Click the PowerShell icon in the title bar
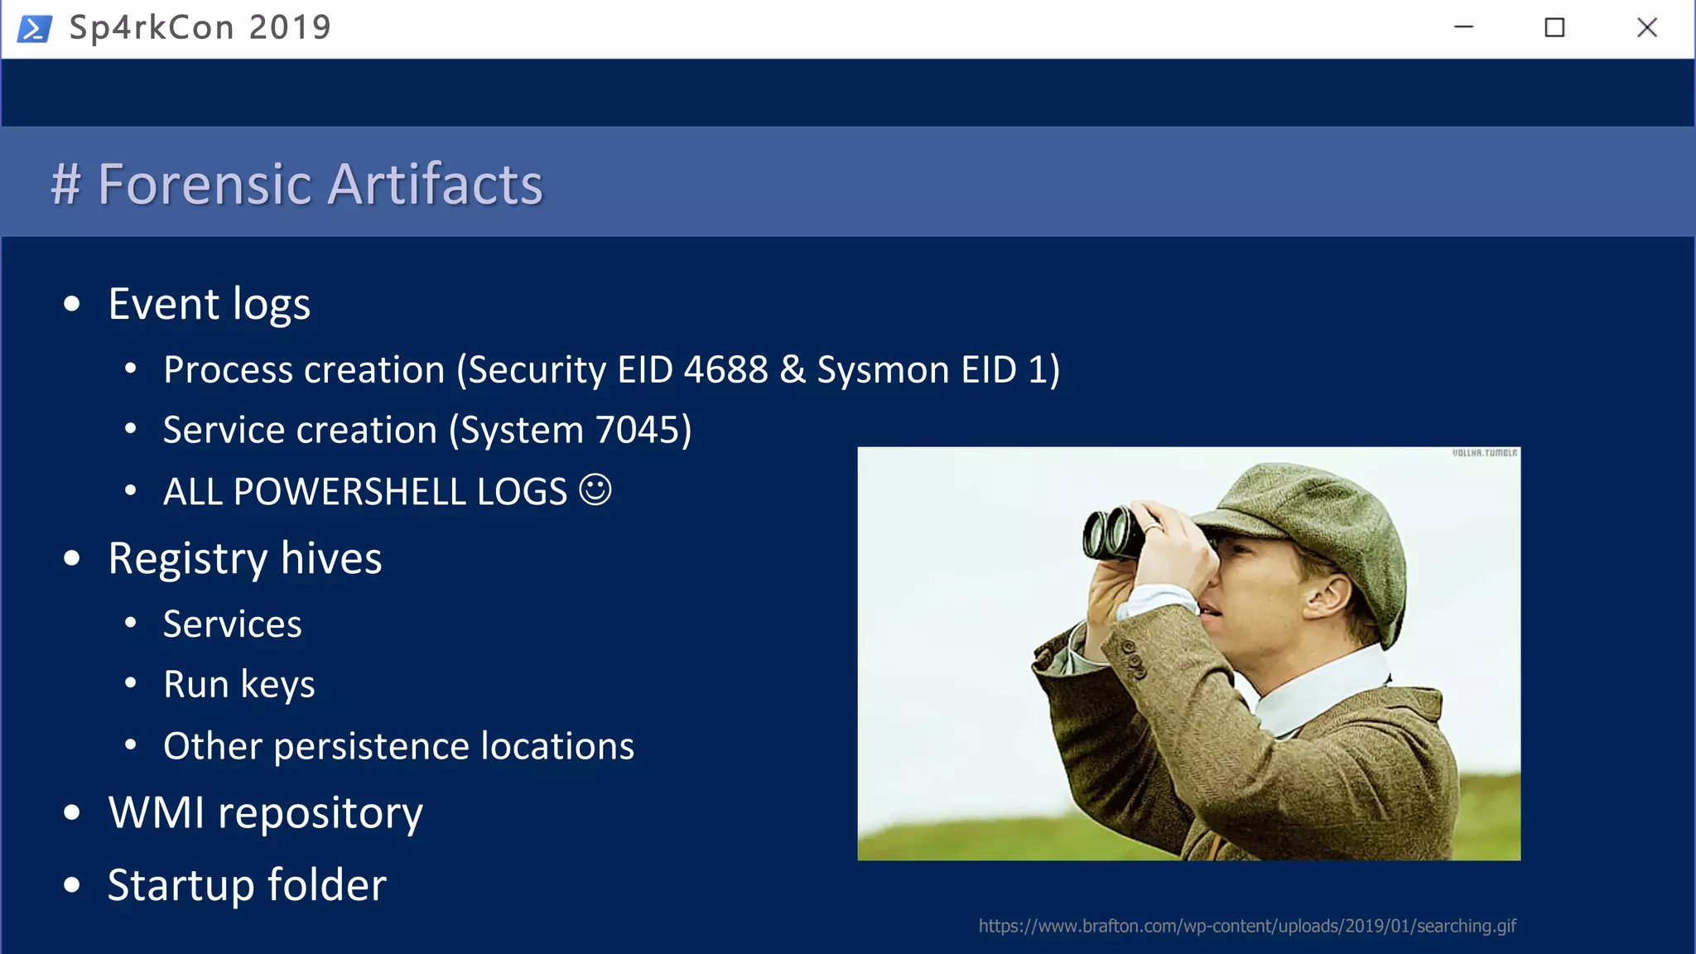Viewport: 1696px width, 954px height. coord(34,28)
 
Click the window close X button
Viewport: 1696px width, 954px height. coord(1646,28)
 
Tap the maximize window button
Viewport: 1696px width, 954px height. coord(1554,28)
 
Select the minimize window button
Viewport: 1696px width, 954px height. coord(1463,28)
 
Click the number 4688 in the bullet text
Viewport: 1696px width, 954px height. coord(725,370)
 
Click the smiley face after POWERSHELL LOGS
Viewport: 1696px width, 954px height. coord(595,489)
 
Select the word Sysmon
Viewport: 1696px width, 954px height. coord(883,370)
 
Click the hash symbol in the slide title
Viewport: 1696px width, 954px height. coord(66,184)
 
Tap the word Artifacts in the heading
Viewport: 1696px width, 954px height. coord(436,184)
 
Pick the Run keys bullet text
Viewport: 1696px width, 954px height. coord(238,685)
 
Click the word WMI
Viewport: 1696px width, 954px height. coord(157,812)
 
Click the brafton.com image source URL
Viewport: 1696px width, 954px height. coord(1247,926)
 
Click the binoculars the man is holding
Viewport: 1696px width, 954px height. coord(1114,533)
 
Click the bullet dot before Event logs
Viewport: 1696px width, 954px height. coord(72,305)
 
